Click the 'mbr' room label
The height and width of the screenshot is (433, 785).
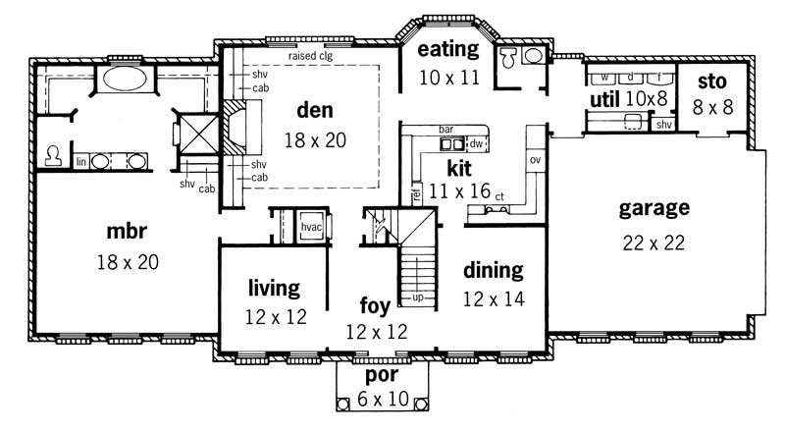127,234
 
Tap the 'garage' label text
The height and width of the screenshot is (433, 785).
654,208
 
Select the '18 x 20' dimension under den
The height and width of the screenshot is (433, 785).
315,140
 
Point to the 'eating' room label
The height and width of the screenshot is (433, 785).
447,49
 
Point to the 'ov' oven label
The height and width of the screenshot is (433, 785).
535,158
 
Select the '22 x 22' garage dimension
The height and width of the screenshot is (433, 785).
654,242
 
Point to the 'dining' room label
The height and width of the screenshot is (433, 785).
493,270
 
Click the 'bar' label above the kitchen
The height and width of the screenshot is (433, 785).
445,129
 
